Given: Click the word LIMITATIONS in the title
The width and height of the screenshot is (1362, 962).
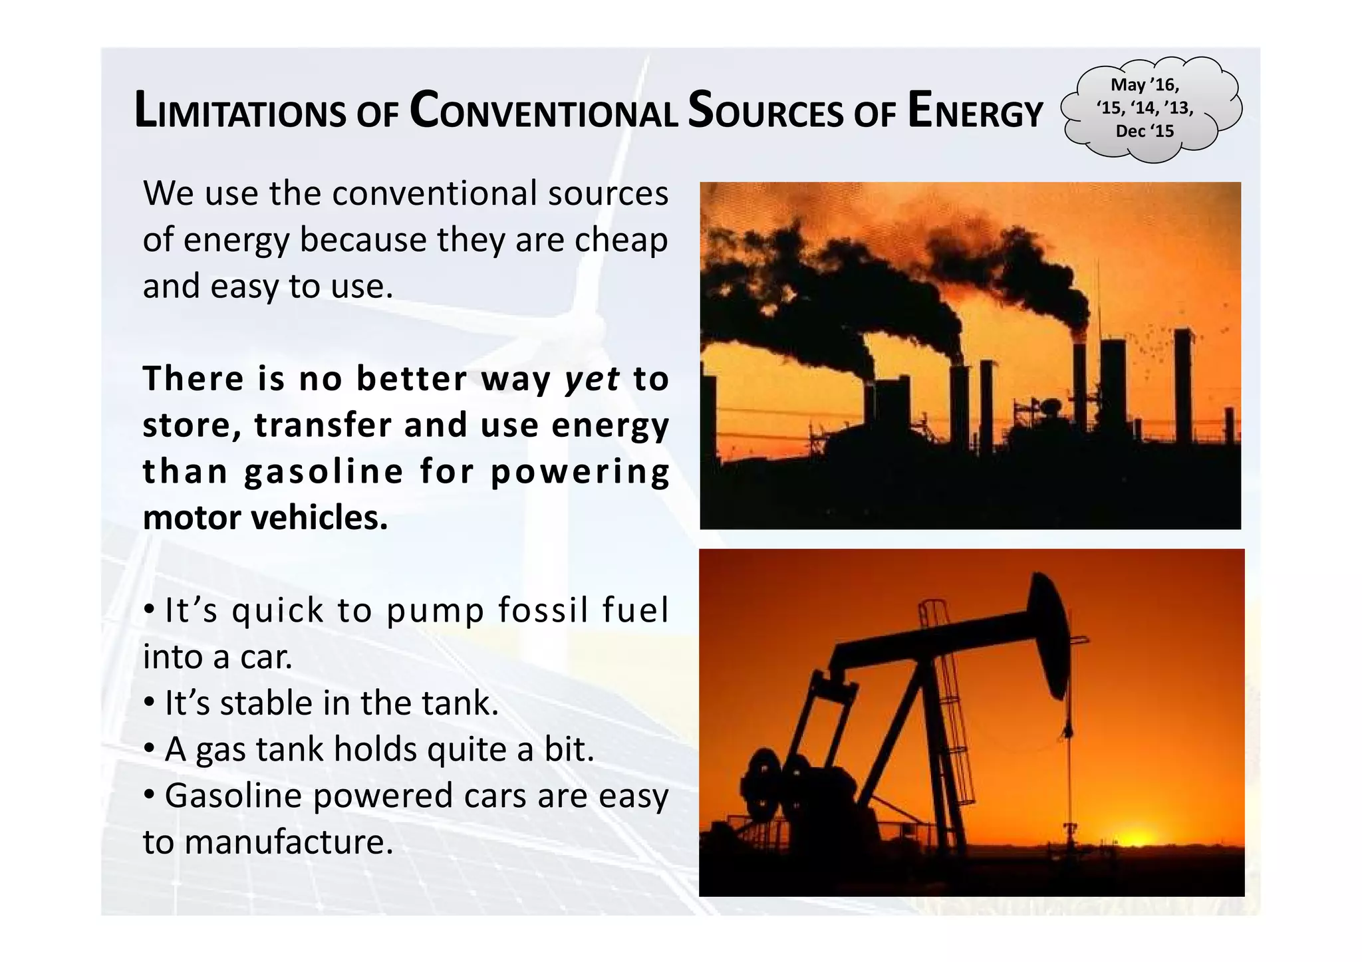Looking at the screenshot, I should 240,112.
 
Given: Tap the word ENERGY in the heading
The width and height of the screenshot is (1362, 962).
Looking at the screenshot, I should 975,112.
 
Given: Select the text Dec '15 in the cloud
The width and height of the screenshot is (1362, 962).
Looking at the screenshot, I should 1145,131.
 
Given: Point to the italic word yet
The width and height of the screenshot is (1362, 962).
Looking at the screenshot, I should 592,379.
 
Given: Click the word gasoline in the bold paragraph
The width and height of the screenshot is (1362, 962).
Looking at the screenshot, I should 324,472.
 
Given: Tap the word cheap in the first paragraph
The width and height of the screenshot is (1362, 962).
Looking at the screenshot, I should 621,240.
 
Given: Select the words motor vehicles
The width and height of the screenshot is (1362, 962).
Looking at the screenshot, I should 265,518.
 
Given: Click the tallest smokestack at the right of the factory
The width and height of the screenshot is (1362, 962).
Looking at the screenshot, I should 1183,386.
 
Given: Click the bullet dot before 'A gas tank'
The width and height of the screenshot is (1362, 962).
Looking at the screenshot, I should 150,749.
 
